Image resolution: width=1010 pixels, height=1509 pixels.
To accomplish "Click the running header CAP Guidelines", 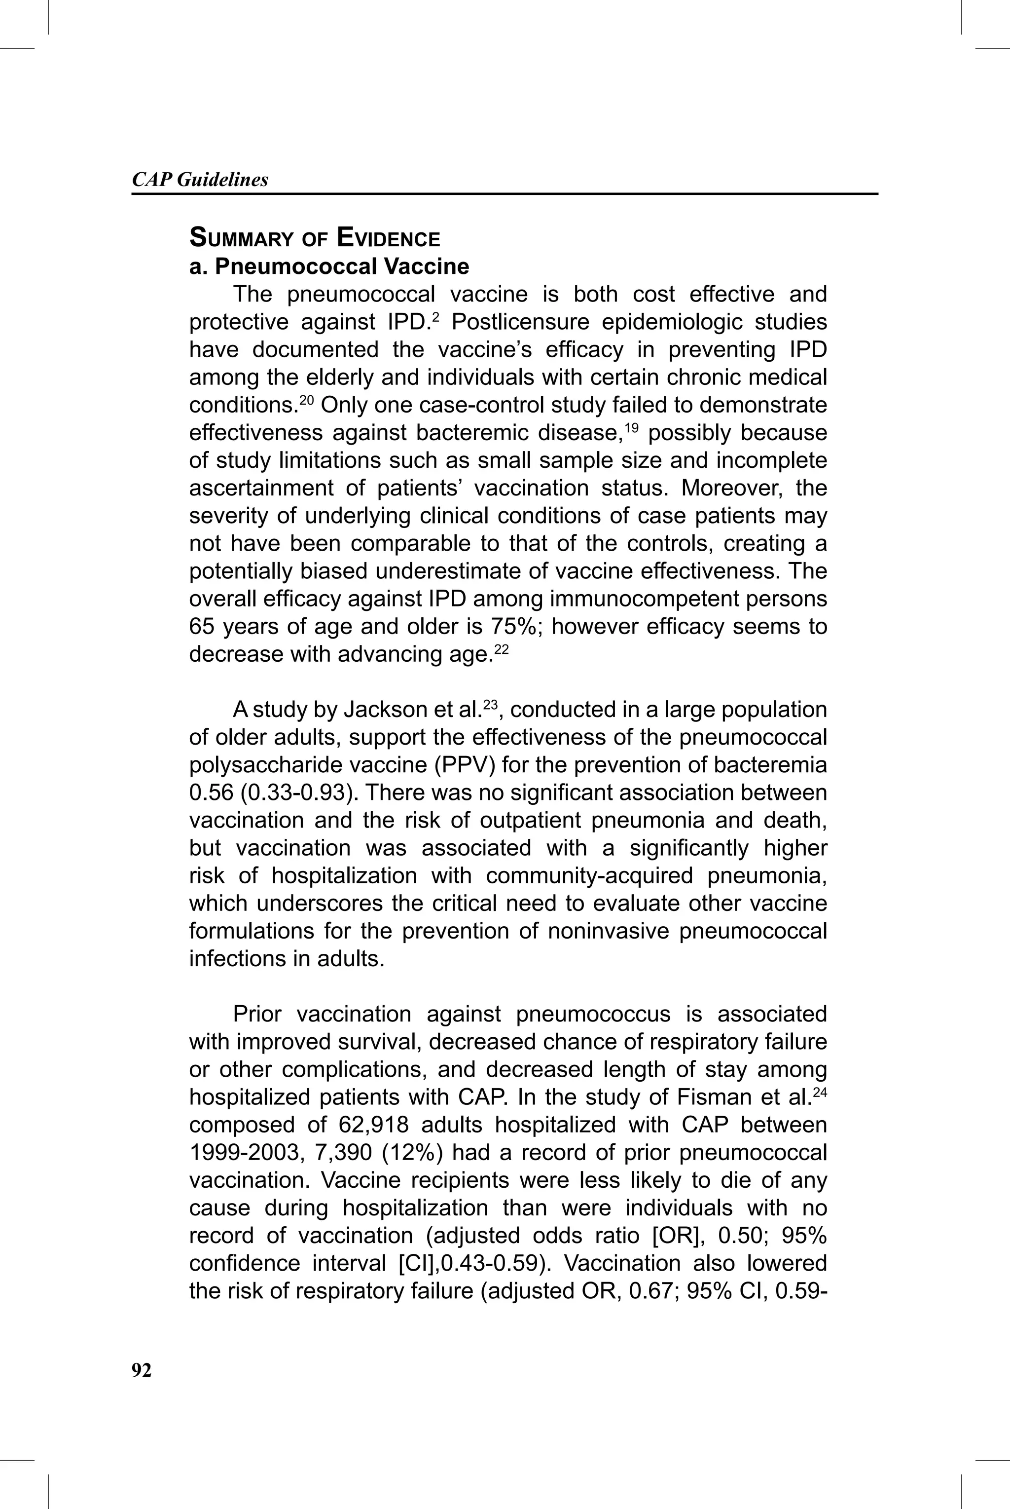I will [x=200, y=180].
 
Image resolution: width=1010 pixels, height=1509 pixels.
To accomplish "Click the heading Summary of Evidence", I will [x=314, y=238].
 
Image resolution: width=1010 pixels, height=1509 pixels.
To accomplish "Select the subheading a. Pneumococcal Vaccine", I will [x=329, y=266].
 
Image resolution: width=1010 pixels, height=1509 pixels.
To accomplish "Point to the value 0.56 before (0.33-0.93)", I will [x=211, y=792].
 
